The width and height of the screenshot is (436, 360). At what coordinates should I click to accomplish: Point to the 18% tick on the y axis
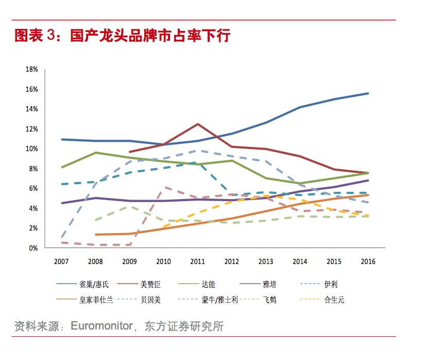click(32, 70)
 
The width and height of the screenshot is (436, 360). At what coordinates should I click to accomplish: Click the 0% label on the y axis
click(33, 248)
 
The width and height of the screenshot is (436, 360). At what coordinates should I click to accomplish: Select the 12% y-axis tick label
click(32, 129)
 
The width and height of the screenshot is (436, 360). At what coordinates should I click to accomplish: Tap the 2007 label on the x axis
click(61, 261)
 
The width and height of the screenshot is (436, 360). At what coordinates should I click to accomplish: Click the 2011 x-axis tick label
click(198, 261)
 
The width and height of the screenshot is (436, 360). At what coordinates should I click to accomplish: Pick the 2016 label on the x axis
click(368, 261)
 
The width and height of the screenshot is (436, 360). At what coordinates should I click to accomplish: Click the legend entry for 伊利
click(330, 284)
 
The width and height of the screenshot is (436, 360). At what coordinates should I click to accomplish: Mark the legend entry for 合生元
click(333, 299)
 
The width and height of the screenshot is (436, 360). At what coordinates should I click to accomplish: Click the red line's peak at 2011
click(197, 124)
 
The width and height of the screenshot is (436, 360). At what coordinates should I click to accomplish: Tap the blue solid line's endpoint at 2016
click(368, 93)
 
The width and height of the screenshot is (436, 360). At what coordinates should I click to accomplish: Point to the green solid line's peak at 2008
click(95, 153)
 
